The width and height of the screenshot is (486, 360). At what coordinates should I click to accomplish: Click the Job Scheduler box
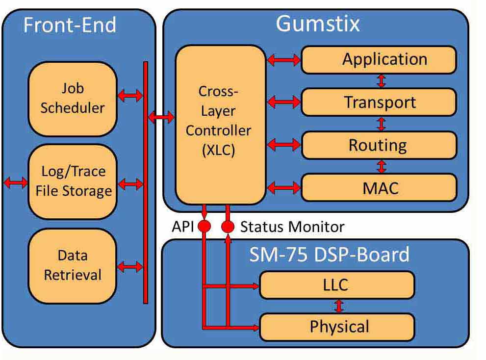(73, 98)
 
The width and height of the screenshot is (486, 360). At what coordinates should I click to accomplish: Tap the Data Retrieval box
(73, 265)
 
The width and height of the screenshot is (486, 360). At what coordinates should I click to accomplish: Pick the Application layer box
(379, 59)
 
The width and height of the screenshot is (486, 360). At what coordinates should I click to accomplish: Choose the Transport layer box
(379, 102)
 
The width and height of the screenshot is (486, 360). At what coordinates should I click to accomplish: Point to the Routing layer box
(379, 145)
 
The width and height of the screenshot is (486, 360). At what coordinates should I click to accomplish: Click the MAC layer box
(379, 187)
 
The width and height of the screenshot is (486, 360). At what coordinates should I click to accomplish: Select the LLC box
(337, 284)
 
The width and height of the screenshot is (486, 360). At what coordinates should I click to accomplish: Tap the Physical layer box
(337, 327)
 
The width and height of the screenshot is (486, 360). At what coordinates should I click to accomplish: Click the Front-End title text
(70, 25)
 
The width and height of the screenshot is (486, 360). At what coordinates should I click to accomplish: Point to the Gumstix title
(318, 24)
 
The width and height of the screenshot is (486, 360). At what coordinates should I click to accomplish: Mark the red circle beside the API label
(204, 226)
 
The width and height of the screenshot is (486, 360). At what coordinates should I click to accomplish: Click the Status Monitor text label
(292, 227)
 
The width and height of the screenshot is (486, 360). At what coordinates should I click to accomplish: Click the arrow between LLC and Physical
(338, 306)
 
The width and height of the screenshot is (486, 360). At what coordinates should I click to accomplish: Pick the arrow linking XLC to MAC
(283, 187)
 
